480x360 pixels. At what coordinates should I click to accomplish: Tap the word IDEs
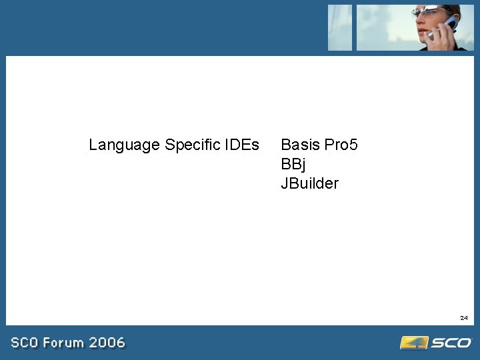[x=242, y=145]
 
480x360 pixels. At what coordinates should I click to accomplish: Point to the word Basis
[x=301, y=145]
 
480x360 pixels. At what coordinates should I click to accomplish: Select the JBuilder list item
[x=309, y=183]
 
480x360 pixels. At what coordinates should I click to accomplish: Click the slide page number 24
[x=463, y=318]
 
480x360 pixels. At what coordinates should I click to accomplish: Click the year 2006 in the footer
[x=107, y=343]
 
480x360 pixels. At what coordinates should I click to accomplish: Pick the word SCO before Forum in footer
[x=23, y=343]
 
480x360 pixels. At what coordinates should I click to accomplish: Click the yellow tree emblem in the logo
[x=413, y=343]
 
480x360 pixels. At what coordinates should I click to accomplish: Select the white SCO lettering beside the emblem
[x=451, y=343]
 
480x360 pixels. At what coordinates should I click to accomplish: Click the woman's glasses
[x=428, y=11]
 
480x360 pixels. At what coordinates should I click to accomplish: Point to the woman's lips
[x=422, y=32]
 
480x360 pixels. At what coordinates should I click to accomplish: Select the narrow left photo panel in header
[x=339, y=27]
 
